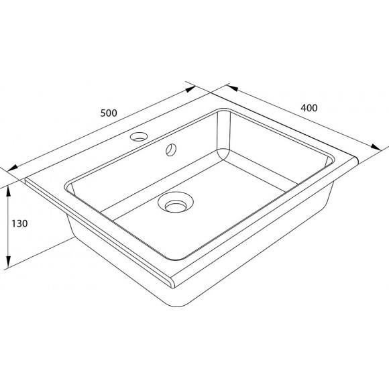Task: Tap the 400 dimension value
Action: tap(309, 107)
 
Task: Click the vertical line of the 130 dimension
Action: tap(8, 228)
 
